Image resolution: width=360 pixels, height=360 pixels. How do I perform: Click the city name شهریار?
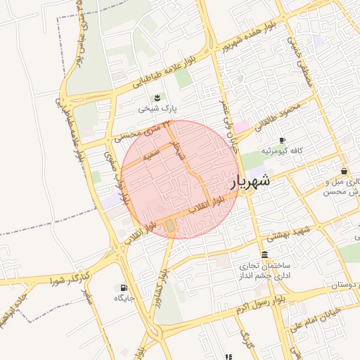point(250,182)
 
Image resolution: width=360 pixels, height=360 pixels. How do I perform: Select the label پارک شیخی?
point(158,108)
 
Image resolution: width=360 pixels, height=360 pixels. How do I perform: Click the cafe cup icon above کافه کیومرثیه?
point(282,141)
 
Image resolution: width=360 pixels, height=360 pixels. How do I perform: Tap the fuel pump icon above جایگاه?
point(124,288)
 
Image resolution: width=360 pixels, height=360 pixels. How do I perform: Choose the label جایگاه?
point(124,298)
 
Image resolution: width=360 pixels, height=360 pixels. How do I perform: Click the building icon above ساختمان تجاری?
point(264,255)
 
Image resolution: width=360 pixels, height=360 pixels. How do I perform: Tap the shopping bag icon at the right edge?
point(343,171)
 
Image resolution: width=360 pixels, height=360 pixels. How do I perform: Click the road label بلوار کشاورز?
point(163,275)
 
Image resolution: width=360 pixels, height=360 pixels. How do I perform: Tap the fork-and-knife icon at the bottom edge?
point(228,356)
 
